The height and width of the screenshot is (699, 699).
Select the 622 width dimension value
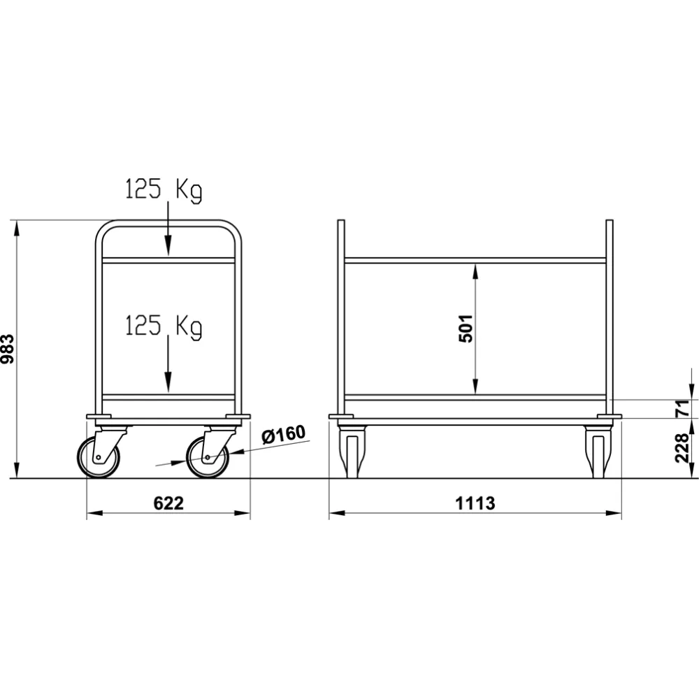(168, 503)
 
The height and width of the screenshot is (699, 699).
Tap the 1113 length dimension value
(475, 503)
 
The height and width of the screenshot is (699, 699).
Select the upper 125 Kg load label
(164, 190)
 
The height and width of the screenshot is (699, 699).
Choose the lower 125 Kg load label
(164, 326)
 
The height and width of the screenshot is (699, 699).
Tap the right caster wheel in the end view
(207, 459)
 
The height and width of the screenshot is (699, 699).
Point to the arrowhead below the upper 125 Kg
(168, 246)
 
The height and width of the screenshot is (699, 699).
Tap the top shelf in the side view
(475, 261)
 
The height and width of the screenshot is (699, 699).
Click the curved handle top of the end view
(168, 225)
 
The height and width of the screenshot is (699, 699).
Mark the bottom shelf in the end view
(168, 397)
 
